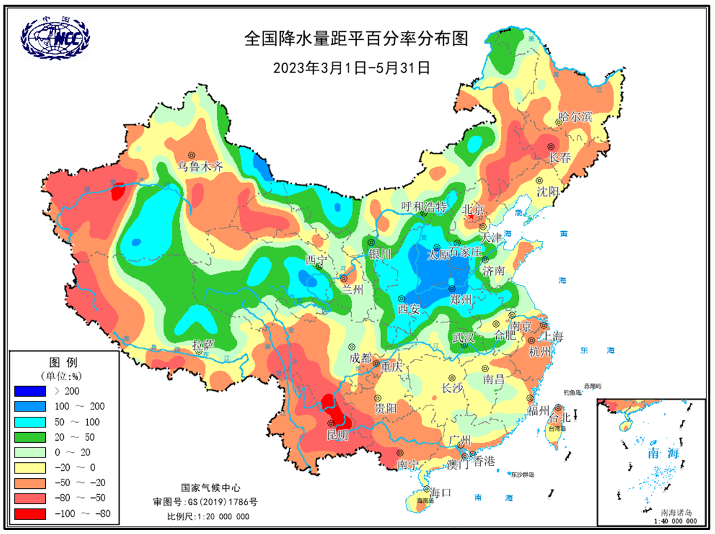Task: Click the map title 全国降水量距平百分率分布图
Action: (x=357, y=39)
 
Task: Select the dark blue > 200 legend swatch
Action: (x=30, y=391)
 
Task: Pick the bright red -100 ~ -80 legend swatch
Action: (x=30, y=513)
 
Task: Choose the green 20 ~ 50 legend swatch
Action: (x=30, y=437)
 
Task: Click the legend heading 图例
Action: (x=63, y=363)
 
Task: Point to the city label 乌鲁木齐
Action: (x=200, y=167)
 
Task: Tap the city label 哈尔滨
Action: (x=575, y=118)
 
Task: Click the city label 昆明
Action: (x=337, y=435)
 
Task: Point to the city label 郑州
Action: (x=460, y=300)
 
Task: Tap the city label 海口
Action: (x=440, y=493)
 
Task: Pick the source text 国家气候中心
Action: (x=210, y=488)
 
